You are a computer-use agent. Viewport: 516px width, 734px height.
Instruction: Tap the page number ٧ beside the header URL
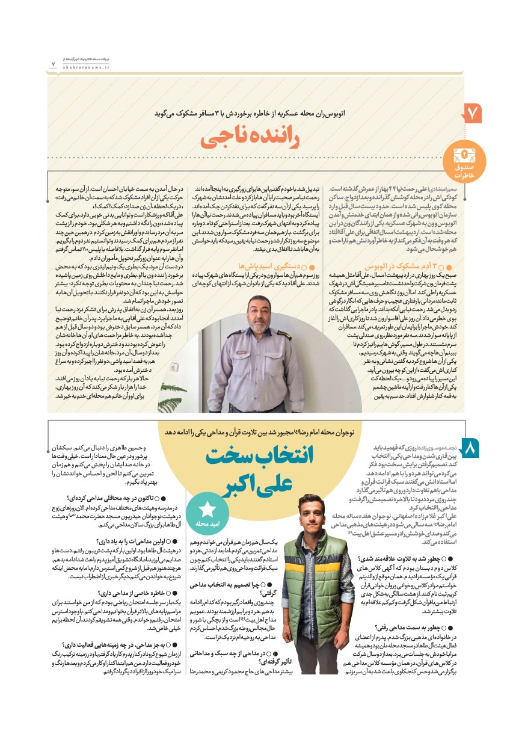click(53, 62)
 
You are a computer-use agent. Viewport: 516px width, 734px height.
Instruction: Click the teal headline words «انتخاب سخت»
click(259, 457)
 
